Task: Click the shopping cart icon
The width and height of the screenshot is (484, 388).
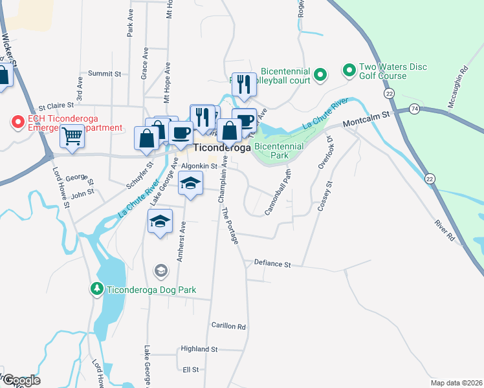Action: pyautogui.click(x=72, y=136)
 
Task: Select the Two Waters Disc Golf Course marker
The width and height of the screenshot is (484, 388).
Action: pyautogui.click(x=349, y=69)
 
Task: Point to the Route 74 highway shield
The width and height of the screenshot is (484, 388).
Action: pyautogui.click(x=414, y=111)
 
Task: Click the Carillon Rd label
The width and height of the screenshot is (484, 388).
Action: pyautogui.click(x=228, y=327)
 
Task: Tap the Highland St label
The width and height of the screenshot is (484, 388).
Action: pyautogui.click(x=199, y=349)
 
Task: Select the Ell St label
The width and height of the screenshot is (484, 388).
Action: pyautogui.click(x=190, y=369)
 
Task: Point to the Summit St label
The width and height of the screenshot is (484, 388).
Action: pyautogui.click(x=105, y=74)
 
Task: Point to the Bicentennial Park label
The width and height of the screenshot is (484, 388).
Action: pyautogui.click(x=280, y=151)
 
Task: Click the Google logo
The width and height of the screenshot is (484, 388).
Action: pyautogui.click(x=21, y=380)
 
